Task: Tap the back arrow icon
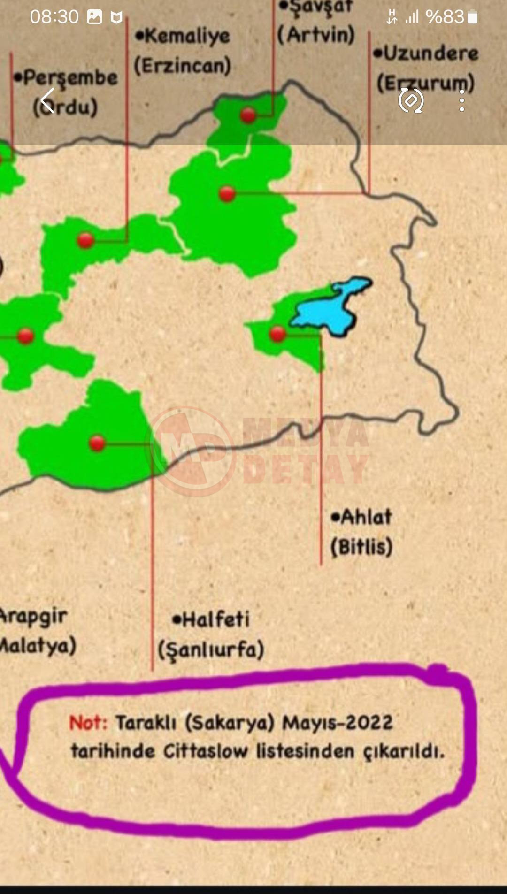[x=47, y=100]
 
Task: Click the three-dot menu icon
[x=462, y=100]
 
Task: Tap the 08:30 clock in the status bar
[x=54, y=17]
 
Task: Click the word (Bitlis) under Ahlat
[x=361, y=547]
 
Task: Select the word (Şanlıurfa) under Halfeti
[x=211, y=650]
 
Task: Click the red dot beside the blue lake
[x=277, y=334]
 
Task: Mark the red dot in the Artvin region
[x=248, y=115]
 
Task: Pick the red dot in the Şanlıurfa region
[x=97, y=443]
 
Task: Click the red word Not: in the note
[x=88, y=723]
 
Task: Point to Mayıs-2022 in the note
[x=337, y=723]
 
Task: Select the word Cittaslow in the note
[x=206, y=751]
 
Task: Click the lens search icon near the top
[x=411, y=100]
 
